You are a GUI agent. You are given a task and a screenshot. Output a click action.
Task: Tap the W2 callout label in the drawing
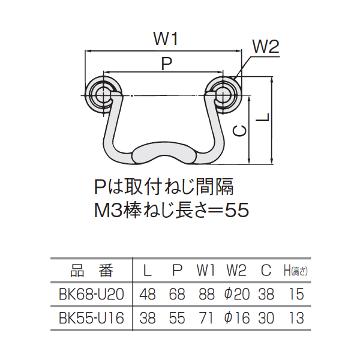point(266,47)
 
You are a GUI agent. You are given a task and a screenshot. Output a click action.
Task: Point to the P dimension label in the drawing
point(167,64)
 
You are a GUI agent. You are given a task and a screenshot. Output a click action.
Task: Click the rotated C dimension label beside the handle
point(239,131)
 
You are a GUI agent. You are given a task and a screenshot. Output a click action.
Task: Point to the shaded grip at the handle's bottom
point(164,154)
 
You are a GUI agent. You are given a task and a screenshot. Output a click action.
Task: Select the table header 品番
point(92,271)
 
